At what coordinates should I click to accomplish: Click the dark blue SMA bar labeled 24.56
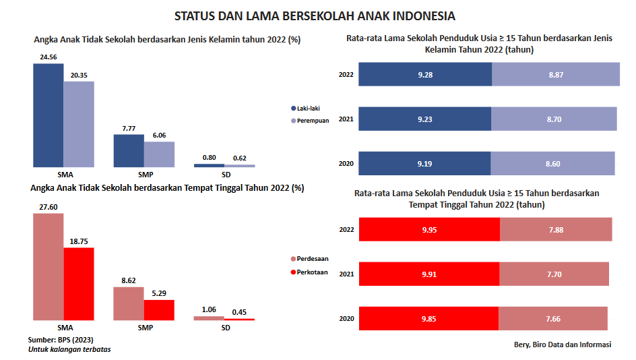pyautogui.click(x=49, y=115)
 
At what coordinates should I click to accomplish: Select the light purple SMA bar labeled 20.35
pyautogui.click(x=79, y=124)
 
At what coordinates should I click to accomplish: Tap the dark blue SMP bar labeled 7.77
pyautogui.click(x=128, y=150)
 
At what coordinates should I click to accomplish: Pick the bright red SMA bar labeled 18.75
pyautogui.click(x=79, y=283)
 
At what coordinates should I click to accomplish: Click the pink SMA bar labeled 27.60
pyautogui.click(x=49, y=266)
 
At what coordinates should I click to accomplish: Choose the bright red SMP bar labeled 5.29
pyautogui.click(x=159, y=309)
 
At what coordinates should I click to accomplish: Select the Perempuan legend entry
pyautogui.click(x=311, y=121)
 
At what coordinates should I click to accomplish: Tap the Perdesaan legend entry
pyautogui.click(x=311, y=259)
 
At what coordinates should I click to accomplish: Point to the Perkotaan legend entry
pyautogui.click(x=311, y=272)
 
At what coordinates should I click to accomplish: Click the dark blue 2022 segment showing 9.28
pyautogui.click(x=425, y=74)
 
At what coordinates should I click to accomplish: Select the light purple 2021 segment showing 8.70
pyautogui.click(x=554, y=119)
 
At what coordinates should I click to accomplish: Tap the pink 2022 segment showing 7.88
pyautogui.click(x=556, y=229)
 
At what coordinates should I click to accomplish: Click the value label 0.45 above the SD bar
pyautogui.click(x=239, y=311)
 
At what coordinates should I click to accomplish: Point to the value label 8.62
pyautogui.click(x=128, y=279)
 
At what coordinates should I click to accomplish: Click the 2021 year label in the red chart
pyautogui.click(x=346, y=274)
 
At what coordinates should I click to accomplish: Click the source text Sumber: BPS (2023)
pyautogui.click(x=59, y=339)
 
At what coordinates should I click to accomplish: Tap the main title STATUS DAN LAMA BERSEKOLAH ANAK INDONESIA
pyautogui.click(x=314, y=15)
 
